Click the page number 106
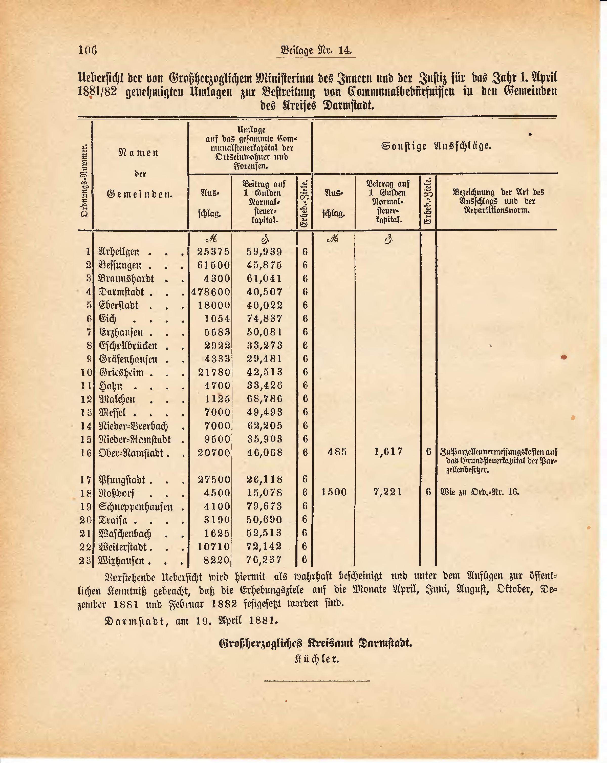pos(87,50)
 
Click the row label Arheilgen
pos(119,252)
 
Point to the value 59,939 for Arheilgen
pos(264,252)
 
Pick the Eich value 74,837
pos(265,319)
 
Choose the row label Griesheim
pos(121,372)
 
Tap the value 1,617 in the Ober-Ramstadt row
pos(388,452)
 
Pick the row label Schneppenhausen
pos(136,506)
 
